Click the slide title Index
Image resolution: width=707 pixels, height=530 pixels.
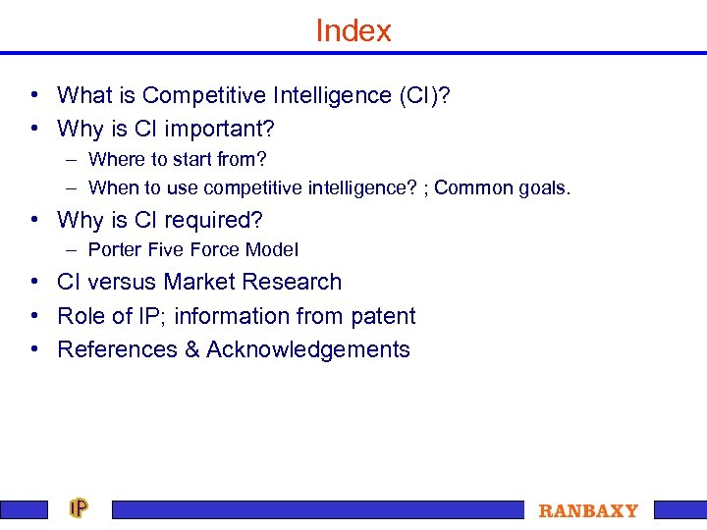click(353, 30)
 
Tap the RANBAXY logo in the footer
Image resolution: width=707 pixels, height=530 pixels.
click(588, 510)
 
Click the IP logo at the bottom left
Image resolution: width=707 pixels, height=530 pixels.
click(79, 508)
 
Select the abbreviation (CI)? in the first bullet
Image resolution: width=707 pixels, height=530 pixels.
click(423, 95)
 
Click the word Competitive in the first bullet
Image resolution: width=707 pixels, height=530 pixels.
click(200, 95)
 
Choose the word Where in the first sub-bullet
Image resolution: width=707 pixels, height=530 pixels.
click(114, 159)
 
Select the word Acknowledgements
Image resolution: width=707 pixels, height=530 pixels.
click(308, 349)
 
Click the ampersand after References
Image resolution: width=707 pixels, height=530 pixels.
click(191, 349)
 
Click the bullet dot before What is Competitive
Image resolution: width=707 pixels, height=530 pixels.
click(34, 96)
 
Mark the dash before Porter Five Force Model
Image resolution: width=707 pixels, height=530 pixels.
click(74, 250)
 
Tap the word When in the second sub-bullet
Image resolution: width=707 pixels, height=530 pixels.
click(112, 187)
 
